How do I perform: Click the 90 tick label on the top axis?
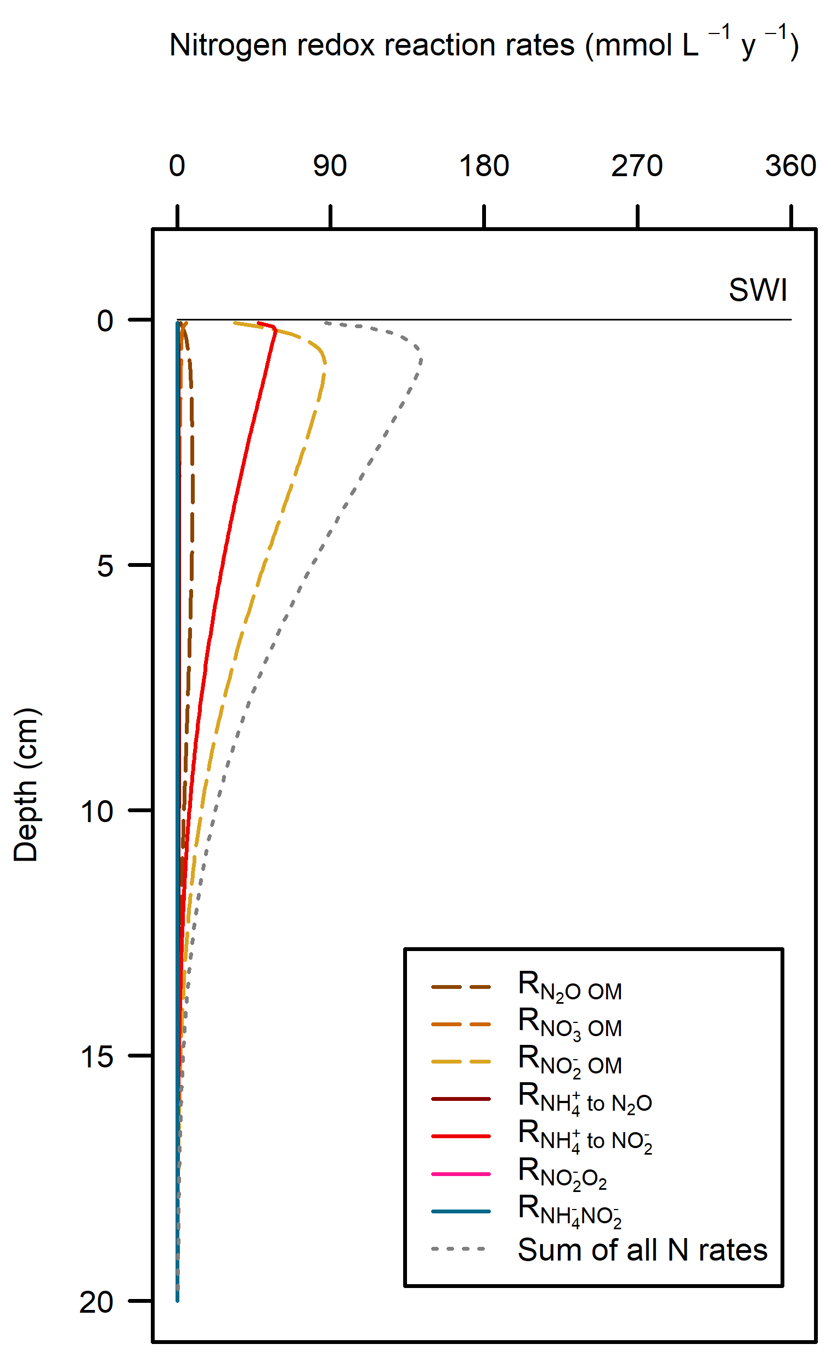click(x=330, y=166)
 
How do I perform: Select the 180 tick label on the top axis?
click(x=484, y=166)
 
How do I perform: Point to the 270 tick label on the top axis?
click(x=637, y=166)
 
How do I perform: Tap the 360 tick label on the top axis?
click(x=791, y=166)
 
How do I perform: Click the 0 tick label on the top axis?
click(x=177, y=166)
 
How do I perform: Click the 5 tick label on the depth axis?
click(x=105, y=566)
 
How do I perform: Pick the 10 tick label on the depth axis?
click(x=97, y=812)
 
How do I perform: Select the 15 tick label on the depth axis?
click(x=97, y=1056)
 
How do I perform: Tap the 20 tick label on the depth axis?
click(x=97, y=1302)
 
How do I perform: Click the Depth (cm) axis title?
click(x=26, y=784)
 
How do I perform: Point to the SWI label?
click(x=757, y=290)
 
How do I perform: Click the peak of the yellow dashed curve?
click(x=325, y=362)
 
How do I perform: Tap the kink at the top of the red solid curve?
click(x=275, y=330)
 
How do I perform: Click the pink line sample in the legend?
click(x=461, y=1174)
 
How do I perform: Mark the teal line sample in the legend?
click(x=461, y=1211)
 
